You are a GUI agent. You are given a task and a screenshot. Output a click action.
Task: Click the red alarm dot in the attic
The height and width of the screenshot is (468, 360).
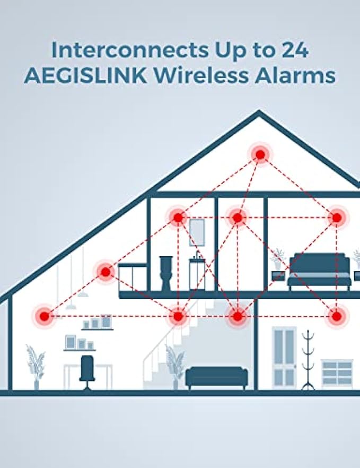pyautogui.click(x=260, y=155)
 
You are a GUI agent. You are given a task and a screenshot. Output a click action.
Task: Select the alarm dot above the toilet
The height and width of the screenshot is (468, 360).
pyautogui.click(x=178, y=217)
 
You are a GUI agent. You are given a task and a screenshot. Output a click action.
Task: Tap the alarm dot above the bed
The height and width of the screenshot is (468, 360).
pyautogui.click(x=336, y=217)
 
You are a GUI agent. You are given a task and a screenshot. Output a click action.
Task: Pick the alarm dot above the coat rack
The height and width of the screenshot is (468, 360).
pyautogui.click(x=336, y=317)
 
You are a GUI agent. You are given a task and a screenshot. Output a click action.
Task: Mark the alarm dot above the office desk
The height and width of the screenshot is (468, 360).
pyautogui.click(x=44, y=317)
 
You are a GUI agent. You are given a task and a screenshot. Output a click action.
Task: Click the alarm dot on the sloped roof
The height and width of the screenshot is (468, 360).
pyautogui.click(x=106, y=272)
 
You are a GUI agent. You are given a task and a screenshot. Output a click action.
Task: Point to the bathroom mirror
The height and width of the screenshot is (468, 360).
pyautogui.click(x=197, y=231)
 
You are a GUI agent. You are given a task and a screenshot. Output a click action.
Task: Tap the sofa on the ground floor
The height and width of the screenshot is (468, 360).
pyautogui.click(x=216, y=377)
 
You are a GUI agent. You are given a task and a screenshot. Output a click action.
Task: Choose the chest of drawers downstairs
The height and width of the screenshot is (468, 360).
pyautogui.click(x=337, y=372)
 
